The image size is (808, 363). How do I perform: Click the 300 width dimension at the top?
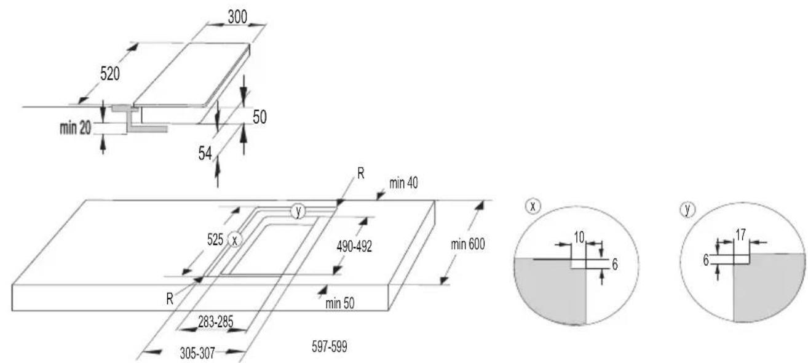[237, 17]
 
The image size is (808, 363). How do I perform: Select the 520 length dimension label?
[109, 74]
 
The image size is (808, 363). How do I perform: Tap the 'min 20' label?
[76, 128]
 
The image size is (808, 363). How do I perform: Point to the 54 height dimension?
[205, 153]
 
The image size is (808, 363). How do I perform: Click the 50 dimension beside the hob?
[259, 117]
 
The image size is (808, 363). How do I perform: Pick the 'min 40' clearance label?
[403, 183]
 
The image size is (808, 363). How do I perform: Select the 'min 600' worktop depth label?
[467, 245]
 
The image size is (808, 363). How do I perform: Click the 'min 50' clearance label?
[340, 303]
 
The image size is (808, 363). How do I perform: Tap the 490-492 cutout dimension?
[354, 247]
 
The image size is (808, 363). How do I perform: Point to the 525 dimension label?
[215, 239]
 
